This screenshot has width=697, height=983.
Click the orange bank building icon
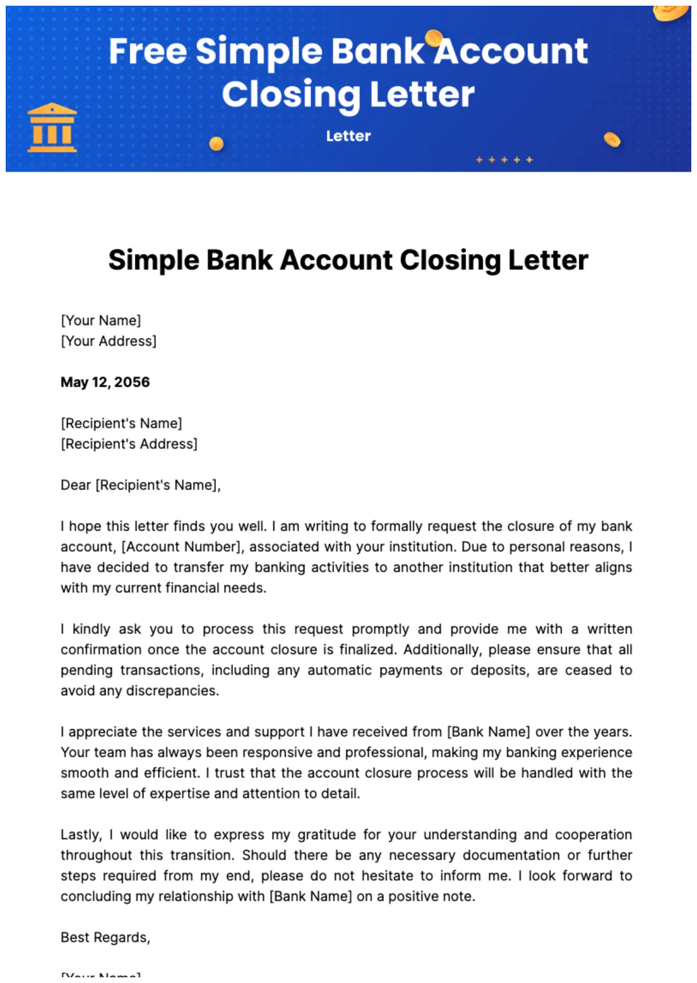coord(52,128)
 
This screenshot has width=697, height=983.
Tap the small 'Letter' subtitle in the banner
coord(348,136)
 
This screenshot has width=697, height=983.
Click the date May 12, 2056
coord(105,382)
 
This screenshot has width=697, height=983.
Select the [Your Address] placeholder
coord(109,341)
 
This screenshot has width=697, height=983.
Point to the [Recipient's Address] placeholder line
coord(129,444)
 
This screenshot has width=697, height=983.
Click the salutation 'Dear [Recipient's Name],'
coord(141,485)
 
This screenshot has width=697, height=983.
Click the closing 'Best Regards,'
coord(105,937)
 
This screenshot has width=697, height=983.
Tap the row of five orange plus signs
coord(504,160)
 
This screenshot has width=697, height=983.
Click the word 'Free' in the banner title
coord(148,51)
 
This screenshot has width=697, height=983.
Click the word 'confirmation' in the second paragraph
coord(101,649)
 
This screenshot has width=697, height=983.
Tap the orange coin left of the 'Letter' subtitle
coord(217,143)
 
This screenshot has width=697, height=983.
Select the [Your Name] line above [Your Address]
coord(101,320)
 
